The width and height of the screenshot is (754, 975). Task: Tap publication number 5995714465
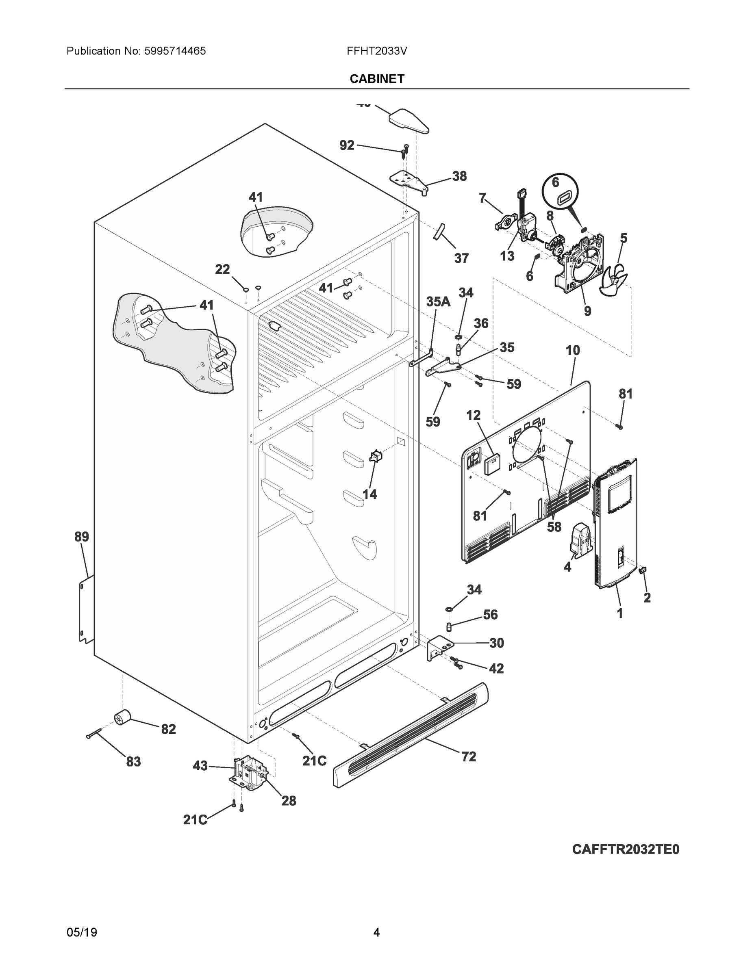[x=175, y=51]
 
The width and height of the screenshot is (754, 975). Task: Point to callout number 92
[x=347, y=145]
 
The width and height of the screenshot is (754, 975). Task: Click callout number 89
[x=82, y=537]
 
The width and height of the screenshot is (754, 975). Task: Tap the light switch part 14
[x=375, y=456]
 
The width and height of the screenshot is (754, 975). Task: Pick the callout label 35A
[x=438, y=302]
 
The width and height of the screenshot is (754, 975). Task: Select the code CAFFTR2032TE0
[x=626, y=849]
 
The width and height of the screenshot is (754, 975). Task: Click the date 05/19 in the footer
[x=82, y=932]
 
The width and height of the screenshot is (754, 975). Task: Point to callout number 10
[x=573, y=351]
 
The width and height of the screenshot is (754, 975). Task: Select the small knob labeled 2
[x=644, y=570]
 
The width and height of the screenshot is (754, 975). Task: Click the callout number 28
[x=289, y=801]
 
